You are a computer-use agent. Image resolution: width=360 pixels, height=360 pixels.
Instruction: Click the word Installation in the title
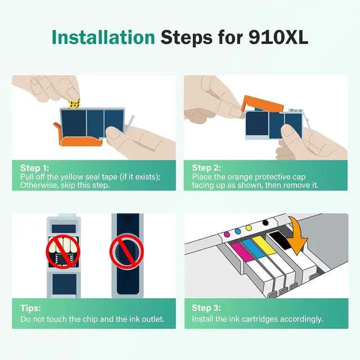[103, 37]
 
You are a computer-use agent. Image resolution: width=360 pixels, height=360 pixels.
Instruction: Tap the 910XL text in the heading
[278, 37]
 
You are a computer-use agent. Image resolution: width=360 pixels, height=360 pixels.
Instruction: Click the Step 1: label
[35, 168]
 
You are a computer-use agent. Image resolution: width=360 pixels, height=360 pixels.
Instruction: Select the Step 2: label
[206, 168]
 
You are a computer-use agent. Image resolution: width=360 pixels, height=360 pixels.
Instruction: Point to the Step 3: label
[206, 308]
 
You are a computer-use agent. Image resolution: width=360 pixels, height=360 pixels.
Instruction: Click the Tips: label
[30, 308]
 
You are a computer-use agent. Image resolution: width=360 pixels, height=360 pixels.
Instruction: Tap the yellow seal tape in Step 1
[75, 103]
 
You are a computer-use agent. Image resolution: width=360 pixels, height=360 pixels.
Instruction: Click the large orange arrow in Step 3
[297, 236]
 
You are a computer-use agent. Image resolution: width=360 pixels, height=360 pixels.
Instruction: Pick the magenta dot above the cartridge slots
[227, 235]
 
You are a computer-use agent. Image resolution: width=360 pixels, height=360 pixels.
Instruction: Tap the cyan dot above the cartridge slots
[238, 231]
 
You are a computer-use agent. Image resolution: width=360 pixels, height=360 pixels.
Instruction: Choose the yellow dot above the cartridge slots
[249, 228]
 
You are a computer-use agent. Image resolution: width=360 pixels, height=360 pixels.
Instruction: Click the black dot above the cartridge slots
[265, 223]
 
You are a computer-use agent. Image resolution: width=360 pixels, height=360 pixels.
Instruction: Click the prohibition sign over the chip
[63, 251]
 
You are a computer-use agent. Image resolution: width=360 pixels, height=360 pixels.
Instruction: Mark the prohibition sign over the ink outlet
[127, 251]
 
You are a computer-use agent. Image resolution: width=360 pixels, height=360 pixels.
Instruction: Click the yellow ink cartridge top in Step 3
[264, 246]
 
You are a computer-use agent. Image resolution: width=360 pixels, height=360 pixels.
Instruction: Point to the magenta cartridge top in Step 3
[242, 251]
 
